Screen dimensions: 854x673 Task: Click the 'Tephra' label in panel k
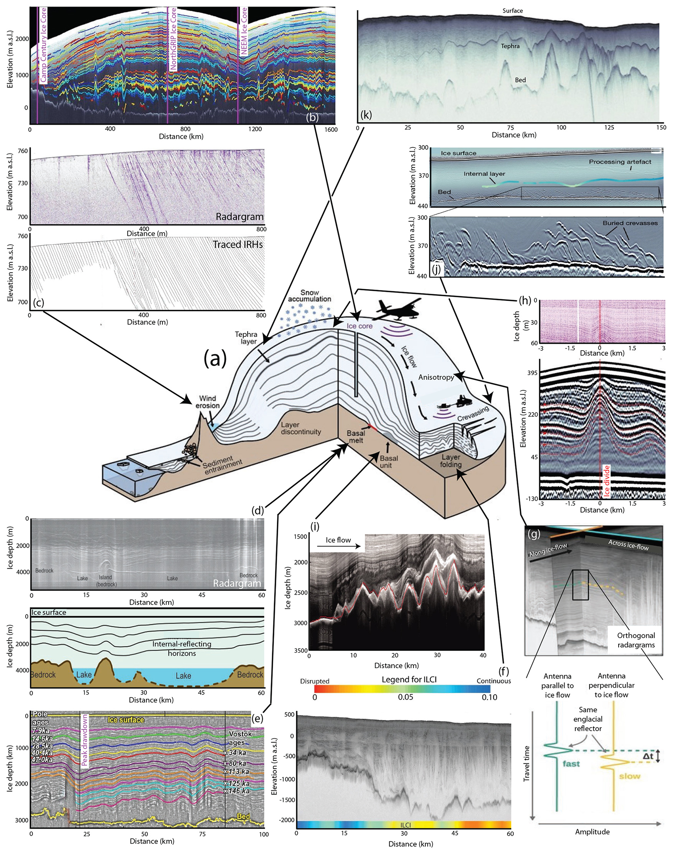(x=510, y=46)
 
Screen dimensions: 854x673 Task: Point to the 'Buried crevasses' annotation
(x=630, y=223)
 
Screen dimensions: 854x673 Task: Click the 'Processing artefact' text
(x=620, y=162)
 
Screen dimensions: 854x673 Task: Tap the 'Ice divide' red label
(x=606, y=480)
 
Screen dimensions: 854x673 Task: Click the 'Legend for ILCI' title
(x=409, y=679)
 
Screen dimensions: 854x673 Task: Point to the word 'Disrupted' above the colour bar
(x=314, y=681)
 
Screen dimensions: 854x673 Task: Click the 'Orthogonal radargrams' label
(x=635, y=640)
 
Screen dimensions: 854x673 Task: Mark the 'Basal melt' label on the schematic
(x=355, y=437)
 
